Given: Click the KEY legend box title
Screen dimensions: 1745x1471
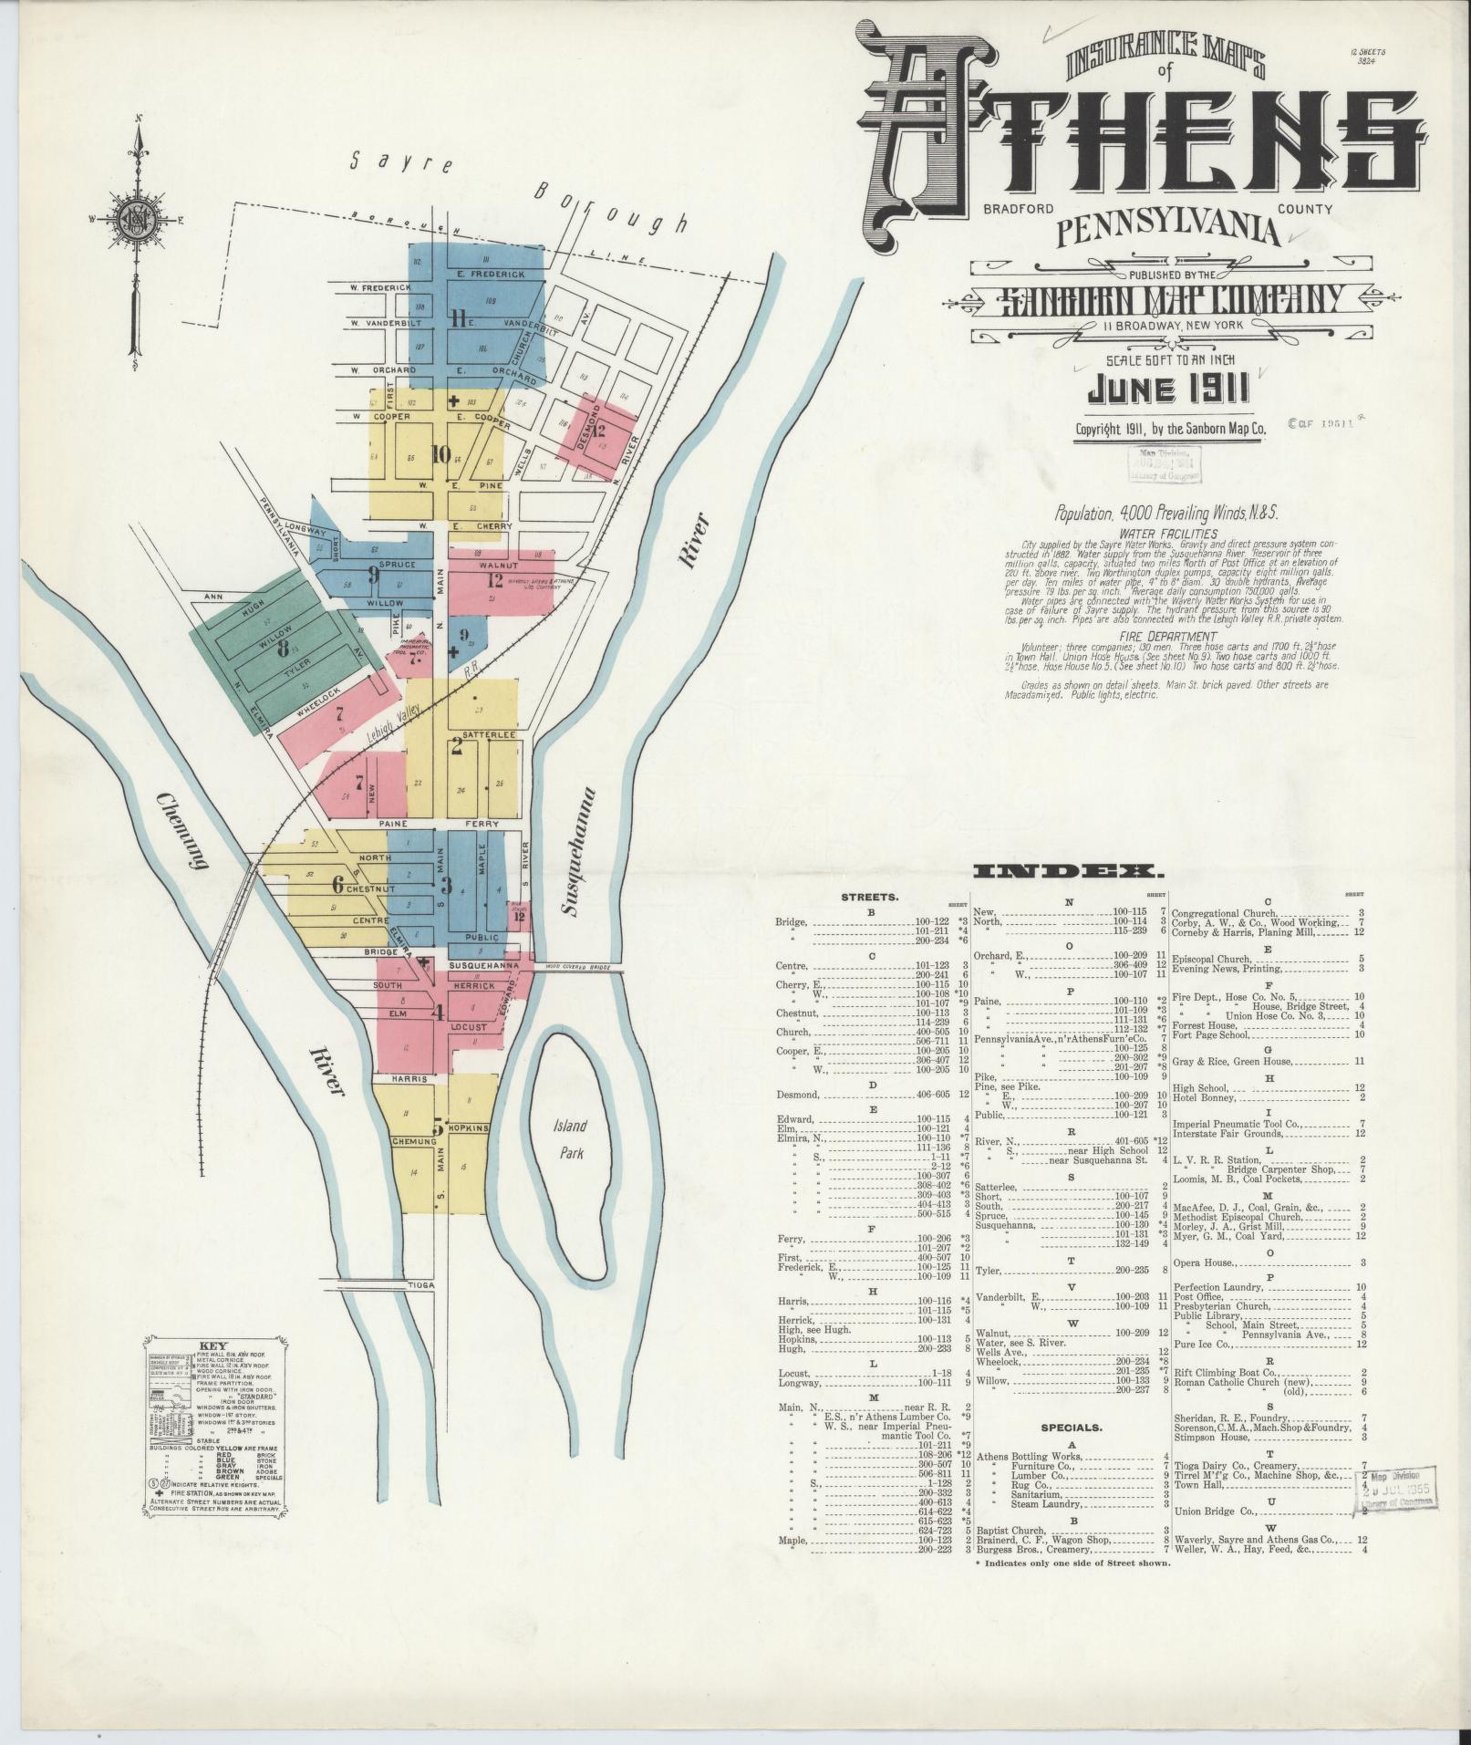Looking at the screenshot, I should point(212,1345).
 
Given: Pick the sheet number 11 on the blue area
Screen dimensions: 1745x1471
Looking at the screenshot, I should point(459,319).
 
